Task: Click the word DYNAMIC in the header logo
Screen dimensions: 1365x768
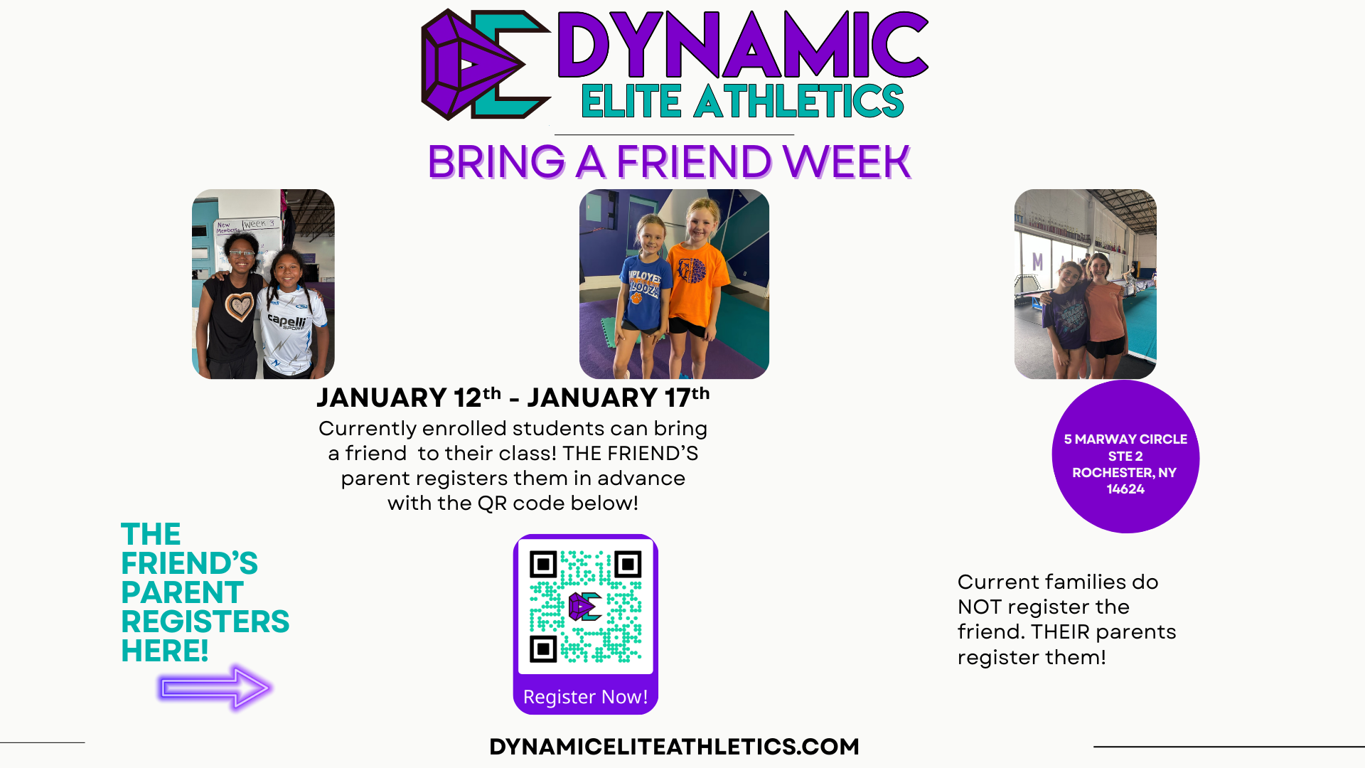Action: (743, 44)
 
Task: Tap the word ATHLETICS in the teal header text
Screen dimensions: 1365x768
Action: (798, 101)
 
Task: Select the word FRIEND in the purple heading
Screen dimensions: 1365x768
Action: (694, 161)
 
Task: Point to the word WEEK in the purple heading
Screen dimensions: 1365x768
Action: (847, 161)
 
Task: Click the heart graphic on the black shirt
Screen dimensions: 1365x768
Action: (240, 306)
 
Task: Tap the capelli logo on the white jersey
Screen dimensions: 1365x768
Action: (287, 321)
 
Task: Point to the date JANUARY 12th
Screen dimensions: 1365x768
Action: (409, 397)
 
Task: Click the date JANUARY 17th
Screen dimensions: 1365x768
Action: (619, 397)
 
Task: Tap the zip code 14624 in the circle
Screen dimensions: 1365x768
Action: (1125, 489)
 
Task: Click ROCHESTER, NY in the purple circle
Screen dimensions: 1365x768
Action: (1124, 473)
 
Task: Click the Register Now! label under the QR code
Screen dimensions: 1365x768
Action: (585, 697)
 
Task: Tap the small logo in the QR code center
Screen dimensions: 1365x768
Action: (585, 607)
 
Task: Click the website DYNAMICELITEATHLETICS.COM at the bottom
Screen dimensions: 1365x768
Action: (674, 747)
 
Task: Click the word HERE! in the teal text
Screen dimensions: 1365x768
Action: (164, 651)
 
